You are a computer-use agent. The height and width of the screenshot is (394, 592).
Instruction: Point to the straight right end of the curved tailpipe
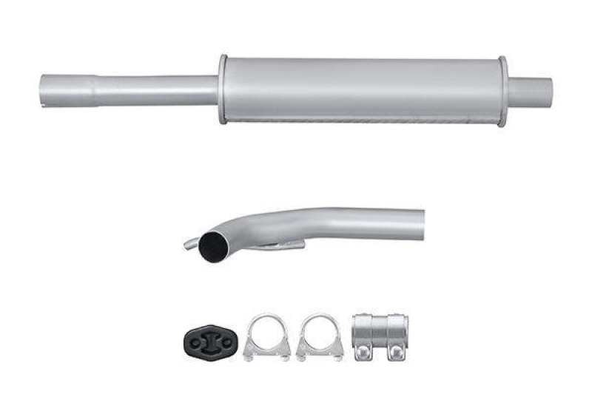click(x=414, y=223)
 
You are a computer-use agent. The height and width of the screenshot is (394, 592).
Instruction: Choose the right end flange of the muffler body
click(x=502, y=90)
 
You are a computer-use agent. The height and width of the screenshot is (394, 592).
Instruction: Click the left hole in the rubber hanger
click(x=195, y=341)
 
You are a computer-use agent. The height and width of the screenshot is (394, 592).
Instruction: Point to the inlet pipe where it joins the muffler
click(x=211, y=90)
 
